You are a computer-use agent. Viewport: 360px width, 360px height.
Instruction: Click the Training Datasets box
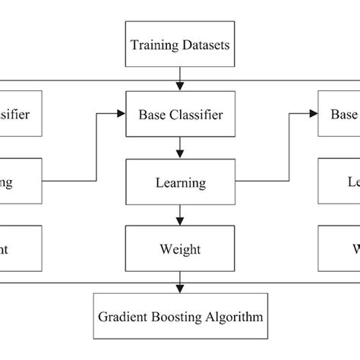(179, 45)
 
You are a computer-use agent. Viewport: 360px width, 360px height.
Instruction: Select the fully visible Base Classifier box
(179, 115)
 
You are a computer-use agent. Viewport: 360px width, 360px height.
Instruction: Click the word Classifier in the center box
(197, 115)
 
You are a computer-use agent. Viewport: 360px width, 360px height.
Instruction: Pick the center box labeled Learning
(179, 182)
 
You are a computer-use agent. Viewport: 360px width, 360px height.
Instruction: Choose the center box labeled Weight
(179, 249)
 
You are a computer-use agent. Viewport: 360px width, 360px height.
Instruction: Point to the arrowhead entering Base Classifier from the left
(121, 115)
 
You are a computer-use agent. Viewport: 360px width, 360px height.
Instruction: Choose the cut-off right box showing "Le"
(339, 182)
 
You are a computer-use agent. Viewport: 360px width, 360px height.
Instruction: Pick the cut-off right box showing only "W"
(339, 249)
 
